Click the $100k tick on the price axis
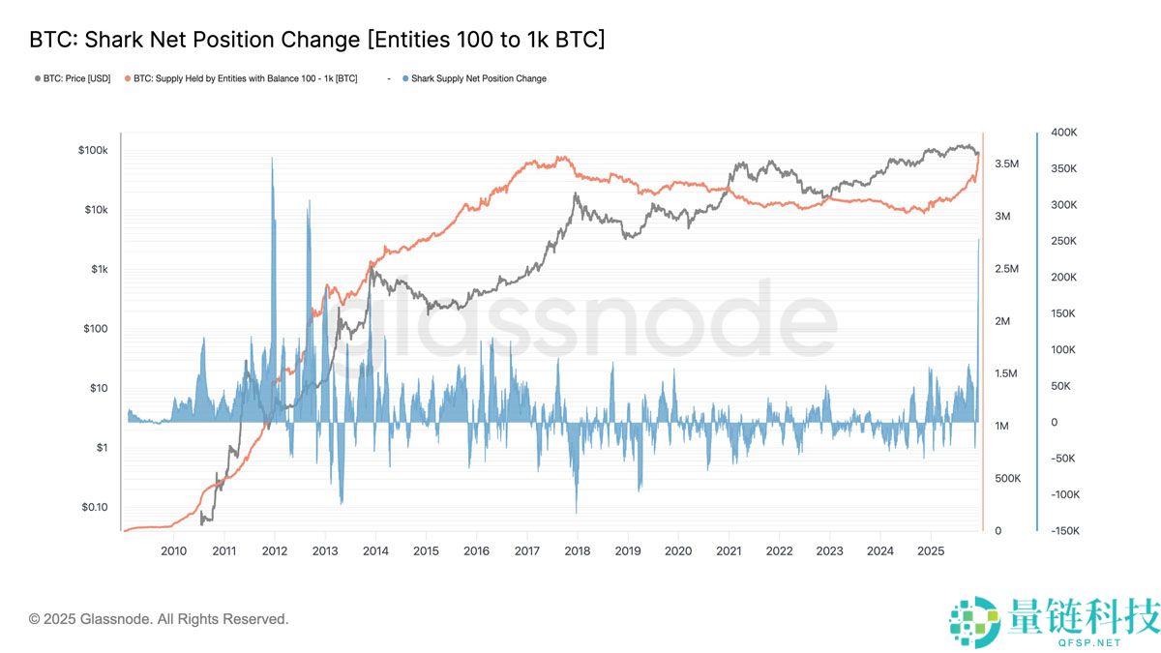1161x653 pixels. [x=94, y=151]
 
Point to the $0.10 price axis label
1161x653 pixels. [x=94, y=507]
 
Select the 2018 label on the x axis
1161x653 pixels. [x=578, y=550]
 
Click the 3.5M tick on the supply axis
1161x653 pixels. [x=1007, y=164]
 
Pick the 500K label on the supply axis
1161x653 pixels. [x=1009, y=479]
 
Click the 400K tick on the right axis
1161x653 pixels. [x=1064, y=133]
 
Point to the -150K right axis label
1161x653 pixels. [x=1063, y=531]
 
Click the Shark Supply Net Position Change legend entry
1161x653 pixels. [x=478, y=78]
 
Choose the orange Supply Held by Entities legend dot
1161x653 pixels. [x=128, y=78]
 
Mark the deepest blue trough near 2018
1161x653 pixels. [x=576, y=510]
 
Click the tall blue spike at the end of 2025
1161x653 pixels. [x=978, y=242]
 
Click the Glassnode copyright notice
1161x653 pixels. [x=159, y=618]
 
